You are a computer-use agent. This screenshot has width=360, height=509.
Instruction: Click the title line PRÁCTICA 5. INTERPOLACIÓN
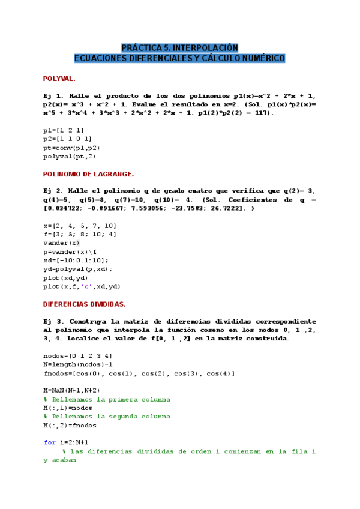tap(180, 47)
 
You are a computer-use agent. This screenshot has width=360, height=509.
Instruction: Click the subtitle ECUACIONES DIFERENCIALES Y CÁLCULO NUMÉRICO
tap(180, 58)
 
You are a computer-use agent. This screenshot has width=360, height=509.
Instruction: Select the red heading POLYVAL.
tap(59, 79)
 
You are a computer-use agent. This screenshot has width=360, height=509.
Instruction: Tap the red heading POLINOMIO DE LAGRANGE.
tap(88, 173)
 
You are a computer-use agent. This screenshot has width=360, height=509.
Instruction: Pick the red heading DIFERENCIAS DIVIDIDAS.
tap(84, 304)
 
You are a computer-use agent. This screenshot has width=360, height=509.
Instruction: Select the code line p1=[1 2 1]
tap(63, 130)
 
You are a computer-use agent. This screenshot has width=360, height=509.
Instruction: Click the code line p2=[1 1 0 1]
tap(67, 139)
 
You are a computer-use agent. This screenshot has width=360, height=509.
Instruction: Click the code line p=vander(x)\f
tap(70, 252)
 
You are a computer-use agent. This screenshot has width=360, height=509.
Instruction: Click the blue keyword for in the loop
tap(50, 442)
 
